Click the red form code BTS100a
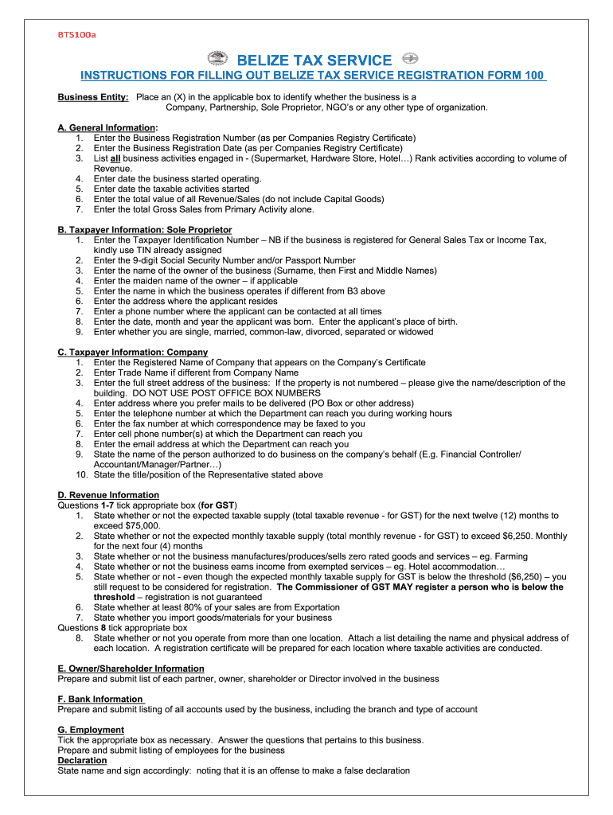[x=76, y=35]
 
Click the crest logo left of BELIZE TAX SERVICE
[x=217, y=60]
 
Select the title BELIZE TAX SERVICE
[x=314, y=60]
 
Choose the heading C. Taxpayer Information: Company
[x=133, y=352]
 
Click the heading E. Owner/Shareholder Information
[x=131, y=669]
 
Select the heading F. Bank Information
[x=101, y=699]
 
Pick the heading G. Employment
[x=91, y=730]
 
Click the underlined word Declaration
[x=82, y=760]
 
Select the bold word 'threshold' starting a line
[x=119, y=597]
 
